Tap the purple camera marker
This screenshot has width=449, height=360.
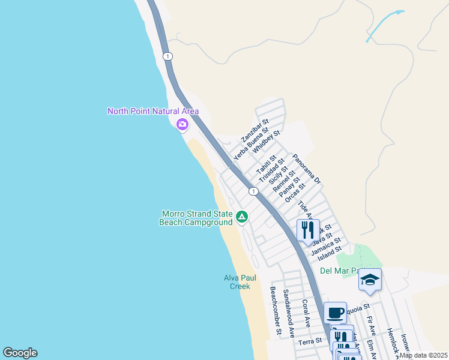(182, 125)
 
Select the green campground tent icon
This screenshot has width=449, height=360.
(241, 217)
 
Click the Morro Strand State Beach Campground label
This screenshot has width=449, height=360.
(196, 218)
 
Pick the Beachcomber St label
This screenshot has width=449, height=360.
(275, 310)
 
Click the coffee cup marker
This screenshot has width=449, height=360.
(335, 312)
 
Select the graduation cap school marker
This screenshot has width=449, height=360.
(370, 280)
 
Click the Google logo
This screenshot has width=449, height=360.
(20, 353)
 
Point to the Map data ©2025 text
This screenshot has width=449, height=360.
(423, 355)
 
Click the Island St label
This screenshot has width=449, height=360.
(330, 253)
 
